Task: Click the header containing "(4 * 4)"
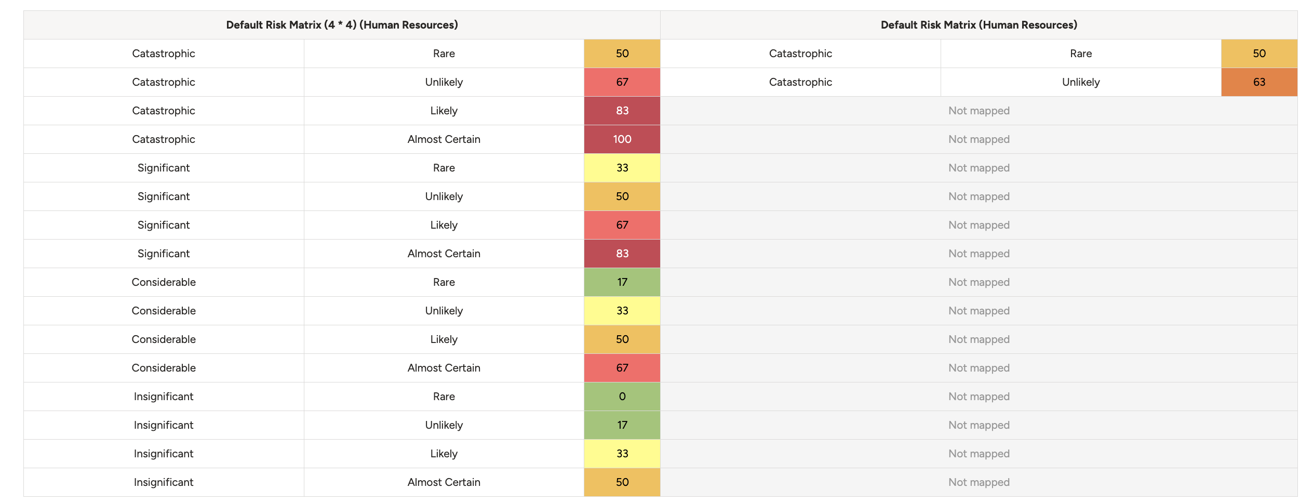342,25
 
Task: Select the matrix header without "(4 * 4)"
979,25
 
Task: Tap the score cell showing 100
622,139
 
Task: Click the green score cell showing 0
622,397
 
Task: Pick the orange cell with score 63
1259,82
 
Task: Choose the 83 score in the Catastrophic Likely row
622,111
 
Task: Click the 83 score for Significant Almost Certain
622,254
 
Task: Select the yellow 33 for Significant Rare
622,168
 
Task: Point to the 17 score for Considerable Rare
622,282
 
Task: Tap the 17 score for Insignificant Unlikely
622,425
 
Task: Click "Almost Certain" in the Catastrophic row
444,139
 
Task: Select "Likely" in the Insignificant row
444,454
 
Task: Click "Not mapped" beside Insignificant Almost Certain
979,482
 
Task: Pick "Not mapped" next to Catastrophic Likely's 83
979,111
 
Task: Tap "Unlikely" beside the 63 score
1081,82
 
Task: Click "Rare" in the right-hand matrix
1081,54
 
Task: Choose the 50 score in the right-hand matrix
1259,54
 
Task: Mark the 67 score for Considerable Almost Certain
622,368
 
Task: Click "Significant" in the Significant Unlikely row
164,196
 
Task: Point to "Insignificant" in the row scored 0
164,397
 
